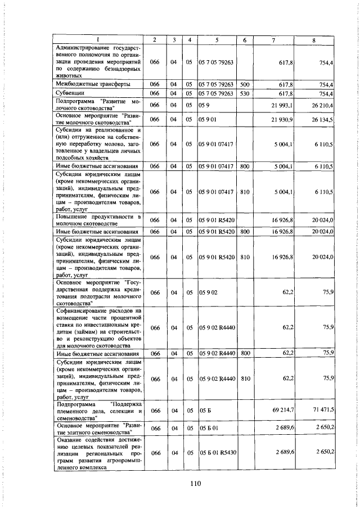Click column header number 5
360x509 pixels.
(217, 40)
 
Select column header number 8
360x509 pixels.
(314, 40)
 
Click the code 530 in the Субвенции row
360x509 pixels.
(245, 93)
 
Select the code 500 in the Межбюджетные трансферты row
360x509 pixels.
(245, 84)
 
